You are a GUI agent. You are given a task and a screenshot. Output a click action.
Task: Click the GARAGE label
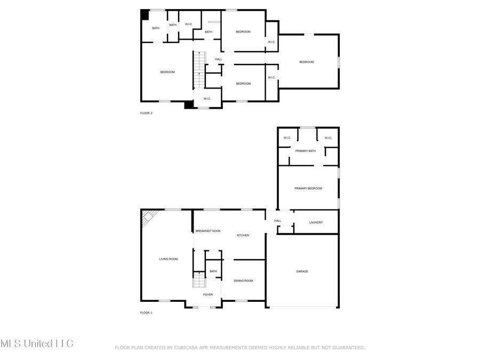click(302, 271)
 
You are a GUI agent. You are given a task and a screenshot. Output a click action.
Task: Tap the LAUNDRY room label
click(316, 222)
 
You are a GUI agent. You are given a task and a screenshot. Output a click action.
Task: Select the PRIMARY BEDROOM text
click(308, 188)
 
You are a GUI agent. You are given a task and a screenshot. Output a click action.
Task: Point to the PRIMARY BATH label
click(306, 151)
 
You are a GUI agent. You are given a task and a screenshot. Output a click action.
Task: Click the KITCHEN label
click(243, 235)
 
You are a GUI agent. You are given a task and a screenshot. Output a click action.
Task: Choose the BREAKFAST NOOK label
click(208, 231)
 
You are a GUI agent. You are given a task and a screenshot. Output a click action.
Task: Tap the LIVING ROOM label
click(169, 259)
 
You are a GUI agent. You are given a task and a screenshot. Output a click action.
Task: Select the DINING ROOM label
click(243, 281)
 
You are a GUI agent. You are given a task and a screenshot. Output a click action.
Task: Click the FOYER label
click(208, 294)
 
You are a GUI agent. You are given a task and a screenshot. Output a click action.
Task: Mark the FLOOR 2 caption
click(146, 113)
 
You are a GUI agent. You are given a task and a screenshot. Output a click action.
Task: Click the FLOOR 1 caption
click(146, 313)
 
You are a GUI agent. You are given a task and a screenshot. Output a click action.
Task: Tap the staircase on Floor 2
click(199, 69)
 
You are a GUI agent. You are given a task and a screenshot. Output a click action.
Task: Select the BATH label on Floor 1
click(213, 271)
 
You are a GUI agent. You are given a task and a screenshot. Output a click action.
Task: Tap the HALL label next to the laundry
click(277, 221)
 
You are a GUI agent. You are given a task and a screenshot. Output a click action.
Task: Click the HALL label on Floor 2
click(219, 59)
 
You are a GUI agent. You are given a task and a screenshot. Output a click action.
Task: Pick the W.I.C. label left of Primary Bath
click(287, 138)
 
